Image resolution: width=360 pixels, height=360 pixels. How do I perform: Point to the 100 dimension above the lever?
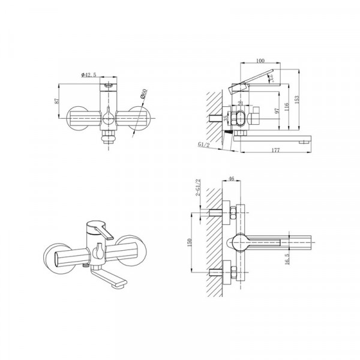coord(259,60)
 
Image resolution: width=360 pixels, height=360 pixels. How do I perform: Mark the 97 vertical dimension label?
coord(275,112)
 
